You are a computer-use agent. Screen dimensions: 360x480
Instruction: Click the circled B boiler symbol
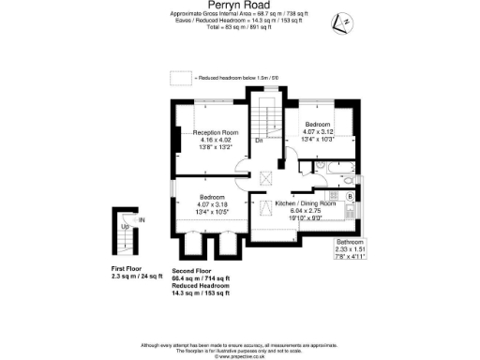[349, 197]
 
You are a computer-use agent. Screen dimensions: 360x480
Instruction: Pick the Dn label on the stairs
[260, 142]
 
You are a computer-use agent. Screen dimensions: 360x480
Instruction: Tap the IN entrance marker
[142, 219]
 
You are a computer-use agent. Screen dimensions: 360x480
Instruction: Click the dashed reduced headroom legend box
[179, 78]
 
